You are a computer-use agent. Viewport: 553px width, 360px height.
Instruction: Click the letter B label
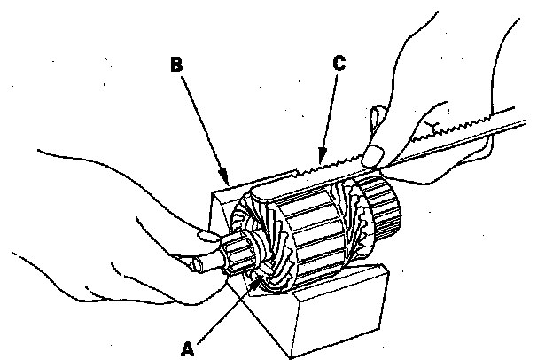(x=177, y=64)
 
